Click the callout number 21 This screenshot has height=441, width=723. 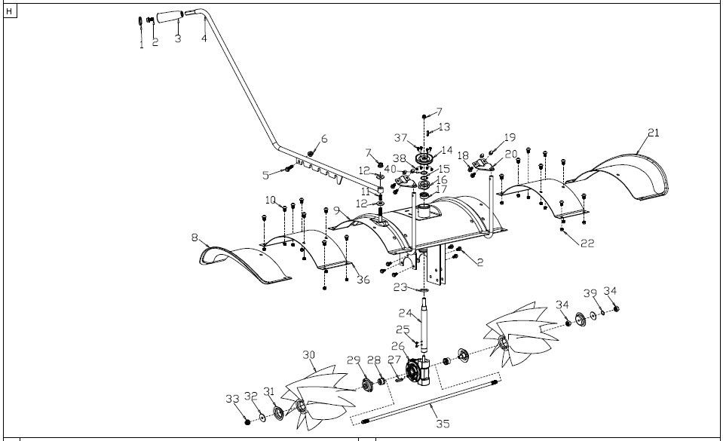click(653, 133)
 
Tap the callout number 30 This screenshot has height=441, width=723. click(308, 354)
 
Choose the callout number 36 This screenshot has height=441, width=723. click(363, 280)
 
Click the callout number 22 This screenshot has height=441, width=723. click(588, 243)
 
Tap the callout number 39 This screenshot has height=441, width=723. click(590, 292)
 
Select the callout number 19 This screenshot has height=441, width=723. click(510, 138)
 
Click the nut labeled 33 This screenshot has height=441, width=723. click(247, 417)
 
